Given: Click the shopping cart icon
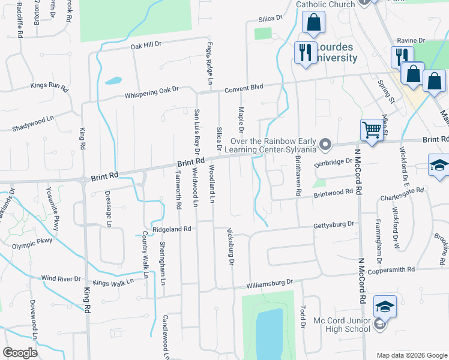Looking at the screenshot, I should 372,129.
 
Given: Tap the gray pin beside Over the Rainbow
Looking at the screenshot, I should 326,144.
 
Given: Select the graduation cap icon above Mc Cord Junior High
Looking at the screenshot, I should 385,307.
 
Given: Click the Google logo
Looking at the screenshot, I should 20,353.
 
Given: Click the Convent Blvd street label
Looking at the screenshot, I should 244,88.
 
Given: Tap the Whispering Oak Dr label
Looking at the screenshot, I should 151,92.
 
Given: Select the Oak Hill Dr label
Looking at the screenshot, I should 146,45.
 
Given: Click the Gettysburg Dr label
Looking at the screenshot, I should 334,225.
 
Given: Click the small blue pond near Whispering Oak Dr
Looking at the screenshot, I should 113,80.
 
